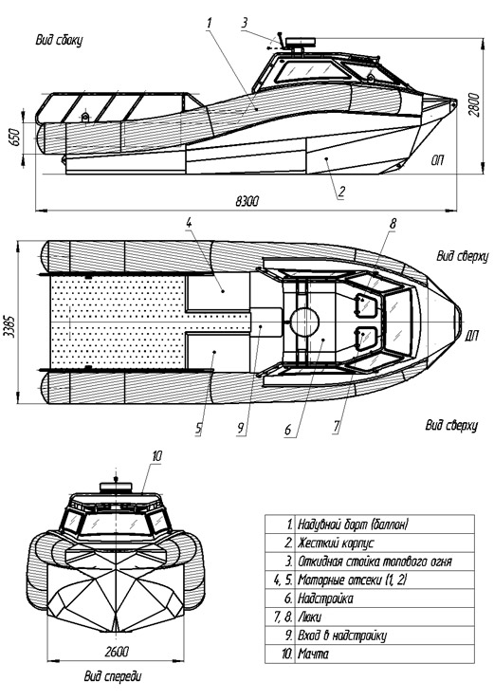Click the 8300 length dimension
[247, 201]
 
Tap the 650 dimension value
[14, 138]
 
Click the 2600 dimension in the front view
[117, 652]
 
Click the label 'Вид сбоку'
[60, 40]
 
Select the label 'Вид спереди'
[113, 676]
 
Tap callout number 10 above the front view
[156, 456]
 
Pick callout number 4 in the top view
[189, 222]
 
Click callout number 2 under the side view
[341, 192]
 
